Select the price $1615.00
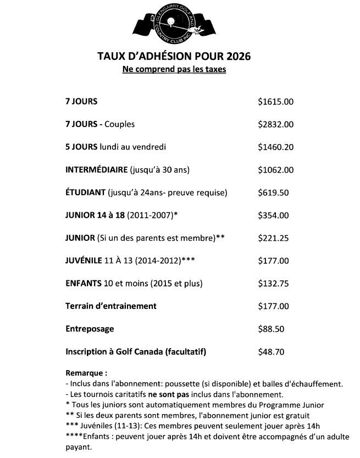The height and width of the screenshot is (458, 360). pyautogui.click(x=276, y=102)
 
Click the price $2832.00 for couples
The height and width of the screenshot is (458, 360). pyautogui.click(x=276, y=124)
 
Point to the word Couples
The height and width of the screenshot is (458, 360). pyautogui.click(x=119, y=124)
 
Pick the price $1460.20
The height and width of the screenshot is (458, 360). pyautogui.click(x=276, y=147)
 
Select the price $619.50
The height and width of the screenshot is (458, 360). pyautogui.click(x=273, y=192)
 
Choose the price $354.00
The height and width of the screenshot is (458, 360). pyautogui.click(x=273, y=215)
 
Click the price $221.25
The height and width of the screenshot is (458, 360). pyautogui.click(x=273, y=238)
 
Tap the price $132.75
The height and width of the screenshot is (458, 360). pyautogui.click(x=273, y=284)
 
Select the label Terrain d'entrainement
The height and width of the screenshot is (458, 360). pyautogui.click(x=111, y=306)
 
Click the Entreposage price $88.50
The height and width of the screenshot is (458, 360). pyautogui.click(x=271, y=329)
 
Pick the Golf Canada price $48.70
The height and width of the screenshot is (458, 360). pyautogui.click(x=271, y=352)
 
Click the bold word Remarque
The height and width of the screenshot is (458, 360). pyautogui.click(x=86, y=373)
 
